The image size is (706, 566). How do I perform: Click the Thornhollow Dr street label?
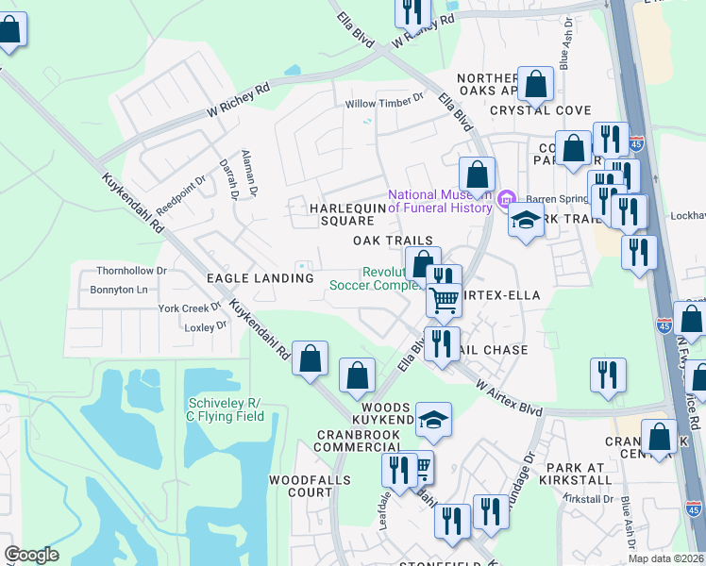pos(132,270)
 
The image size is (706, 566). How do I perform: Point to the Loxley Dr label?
pos(206,326)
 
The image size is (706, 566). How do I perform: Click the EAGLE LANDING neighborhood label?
pos(260,278)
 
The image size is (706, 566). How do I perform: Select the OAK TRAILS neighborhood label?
pos(393,241)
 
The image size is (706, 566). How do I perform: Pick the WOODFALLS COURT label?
pos(310,486)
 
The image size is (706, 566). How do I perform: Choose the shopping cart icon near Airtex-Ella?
pos(444,301)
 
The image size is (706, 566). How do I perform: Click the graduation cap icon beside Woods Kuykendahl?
pos(433,419)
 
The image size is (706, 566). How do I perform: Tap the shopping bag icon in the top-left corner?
pos(9,30)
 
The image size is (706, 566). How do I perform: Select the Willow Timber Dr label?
pos(375,104)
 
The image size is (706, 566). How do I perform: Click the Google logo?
pos(31,555)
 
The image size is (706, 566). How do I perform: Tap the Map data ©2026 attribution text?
pos(665,558)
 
